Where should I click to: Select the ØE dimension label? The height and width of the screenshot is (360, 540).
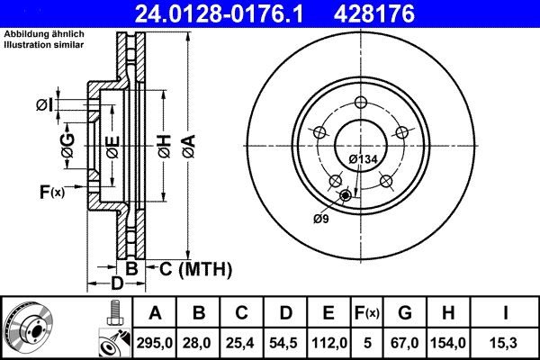(112, 147)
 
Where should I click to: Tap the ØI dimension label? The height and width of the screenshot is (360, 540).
(44, 106)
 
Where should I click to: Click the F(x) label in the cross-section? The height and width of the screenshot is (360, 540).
(51, 191)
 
